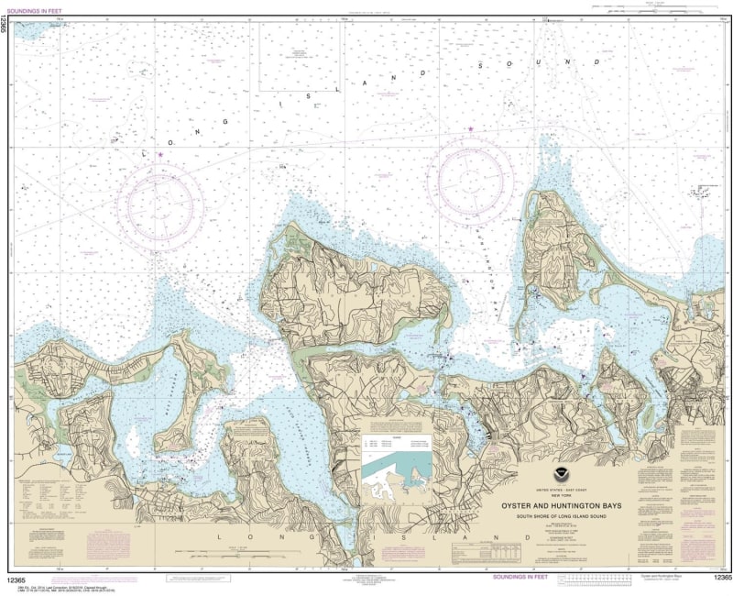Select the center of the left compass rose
point(164,204)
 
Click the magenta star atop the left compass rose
point(160,154)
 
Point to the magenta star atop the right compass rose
point(471,129)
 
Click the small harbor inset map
point(396,467)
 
